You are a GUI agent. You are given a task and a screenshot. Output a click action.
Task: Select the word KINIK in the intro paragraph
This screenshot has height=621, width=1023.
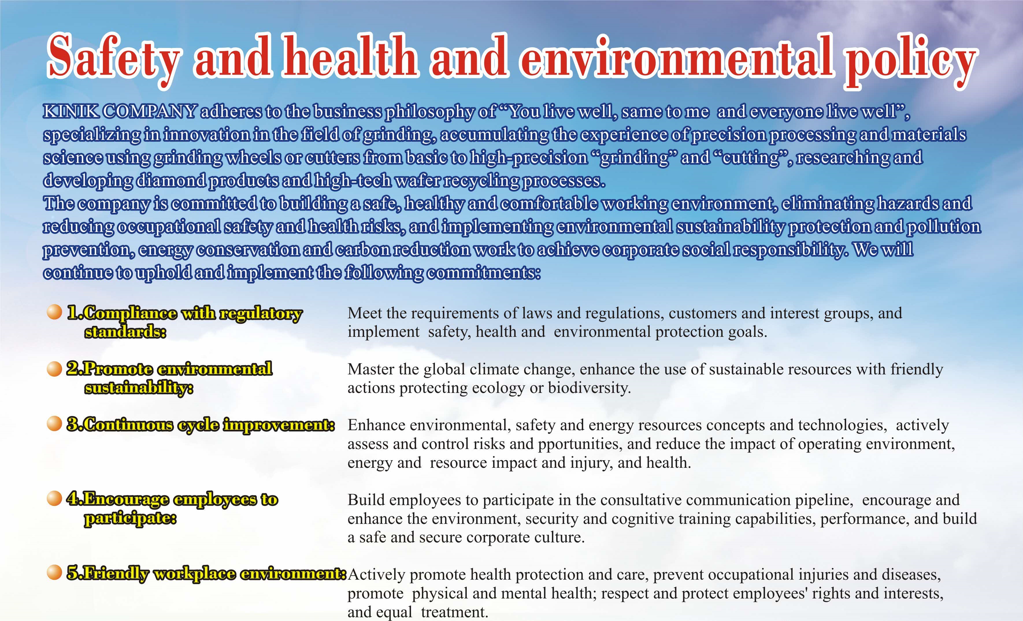click(71, 111)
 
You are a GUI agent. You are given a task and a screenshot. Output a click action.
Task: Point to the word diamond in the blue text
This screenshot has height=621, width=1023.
click(170, 181)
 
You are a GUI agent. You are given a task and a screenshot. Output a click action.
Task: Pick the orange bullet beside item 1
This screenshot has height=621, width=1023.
click(54, 312)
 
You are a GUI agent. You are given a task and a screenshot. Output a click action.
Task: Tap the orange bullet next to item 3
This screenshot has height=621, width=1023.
click(54, 424)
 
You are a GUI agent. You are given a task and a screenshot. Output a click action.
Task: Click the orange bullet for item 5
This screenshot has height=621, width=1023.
click(54, 572)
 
